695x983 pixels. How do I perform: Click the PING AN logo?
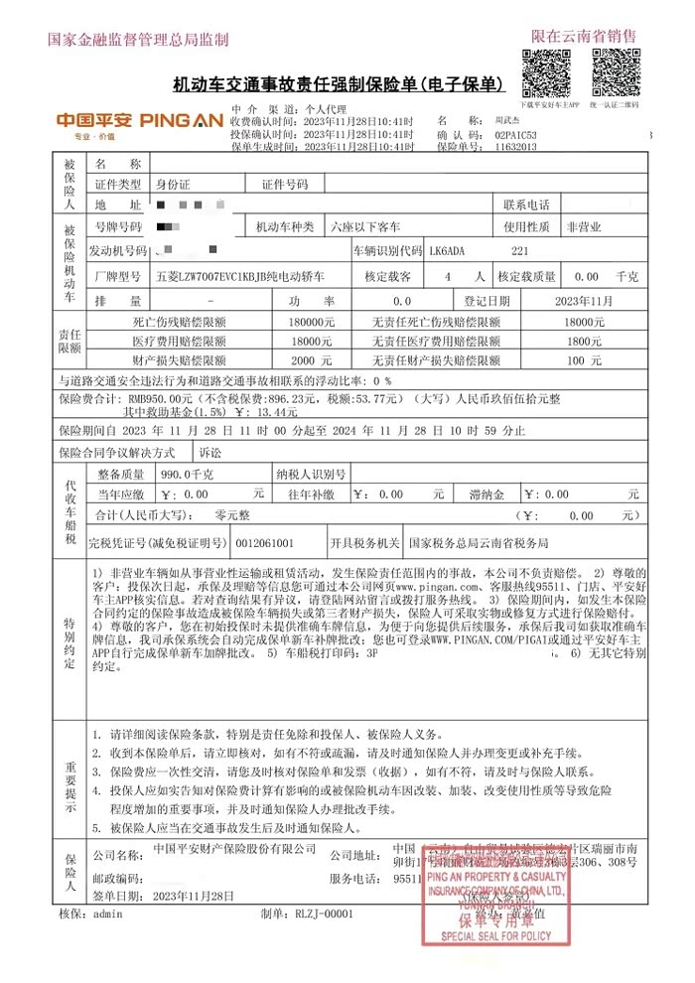point(138,120)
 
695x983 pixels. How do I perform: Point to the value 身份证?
point(173,184)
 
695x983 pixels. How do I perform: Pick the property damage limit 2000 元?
point(304,360)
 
